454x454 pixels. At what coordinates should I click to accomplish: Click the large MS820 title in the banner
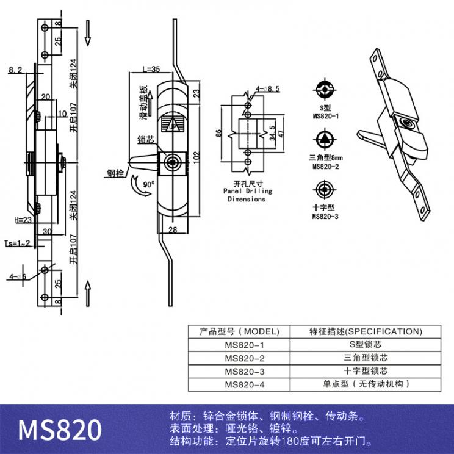(59, 430)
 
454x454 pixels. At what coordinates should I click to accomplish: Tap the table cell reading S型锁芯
(365, 345)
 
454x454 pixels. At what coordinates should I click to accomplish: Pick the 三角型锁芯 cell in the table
(365, 358)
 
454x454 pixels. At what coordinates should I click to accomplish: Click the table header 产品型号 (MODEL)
(239, 332)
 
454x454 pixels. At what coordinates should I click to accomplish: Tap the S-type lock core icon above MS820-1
(326, 90)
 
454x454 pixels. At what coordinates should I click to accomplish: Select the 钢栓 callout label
(115, 173)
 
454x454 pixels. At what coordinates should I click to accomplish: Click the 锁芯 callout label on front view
(145, 139)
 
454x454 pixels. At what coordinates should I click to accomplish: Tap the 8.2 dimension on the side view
(16, 71)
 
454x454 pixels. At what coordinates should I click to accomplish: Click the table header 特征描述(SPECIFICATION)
(365, 332)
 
